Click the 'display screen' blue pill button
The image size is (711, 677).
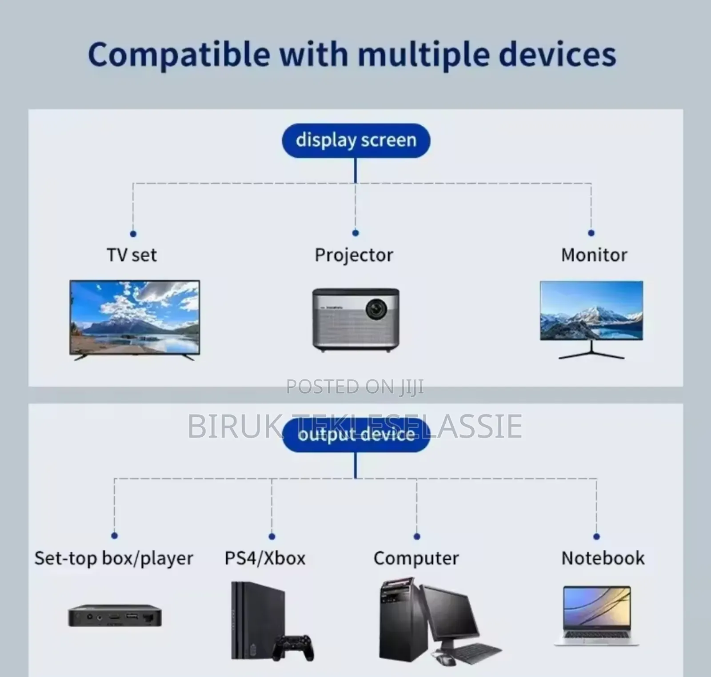(356, 140)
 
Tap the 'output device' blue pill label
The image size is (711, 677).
(356, 435)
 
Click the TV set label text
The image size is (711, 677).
(132, 255)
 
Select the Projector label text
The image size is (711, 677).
(354, 255)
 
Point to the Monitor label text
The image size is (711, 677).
(594, 255)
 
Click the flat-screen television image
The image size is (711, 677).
(135, 318)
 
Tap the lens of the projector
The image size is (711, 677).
(376, 308)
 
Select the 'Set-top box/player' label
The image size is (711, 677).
(114, 558)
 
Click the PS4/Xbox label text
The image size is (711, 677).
(265, 558)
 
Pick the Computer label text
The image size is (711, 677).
(416, 558)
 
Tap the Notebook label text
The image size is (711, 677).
(603, 558)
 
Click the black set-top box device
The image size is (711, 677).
(115, 617)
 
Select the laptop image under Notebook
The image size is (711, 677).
(596, 615)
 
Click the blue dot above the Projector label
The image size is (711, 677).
(355, 233)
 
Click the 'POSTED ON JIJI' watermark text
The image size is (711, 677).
(355, 386)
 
